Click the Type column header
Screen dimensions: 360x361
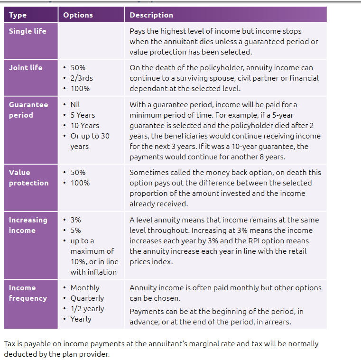pyautogui.click(x=18, y=15)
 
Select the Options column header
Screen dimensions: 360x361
pyautogui.click(x=78, y=15)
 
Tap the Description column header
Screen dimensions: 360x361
pyautogui.click(x=151, y=15)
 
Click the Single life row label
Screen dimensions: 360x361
pyautogui.click(x=28, y=31)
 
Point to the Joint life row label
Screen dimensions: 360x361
pyautogui.click(x=26, y=67)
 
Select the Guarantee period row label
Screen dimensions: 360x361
pyautogui.click(x=28, y=110)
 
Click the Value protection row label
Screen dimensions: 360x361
pyautogui.click(x=28, y=177)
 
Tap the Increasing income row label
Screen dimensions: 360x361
pyautogui.click(x=28, y=225)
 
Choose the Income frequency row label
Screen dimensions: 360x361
pyautogui.click(x=28, y=293)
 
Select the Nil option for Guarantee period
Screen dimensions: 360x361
pyautogui.click(x=75, y=104)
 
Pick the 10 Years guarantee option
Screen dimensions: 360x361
pyautogui.click(x=84, y=125)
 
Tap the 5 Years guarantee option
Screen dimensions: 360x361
pyautogui.click(x=83, y=115)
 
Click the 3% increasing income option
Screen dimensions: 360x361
pyautogui.click(x=75, y=220)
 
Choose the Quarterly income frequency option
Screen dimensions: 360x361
pyautogui.click(x=87, y=298)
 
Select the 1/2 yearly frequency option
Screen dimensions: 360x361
pyautogui.click(x=87, y=308)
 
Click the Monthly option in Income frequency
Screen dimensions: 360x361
pyautogui.click(x=85, y=287)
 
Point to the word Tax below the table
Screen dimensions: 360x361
pyautogui.click(x=9, y=343)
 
